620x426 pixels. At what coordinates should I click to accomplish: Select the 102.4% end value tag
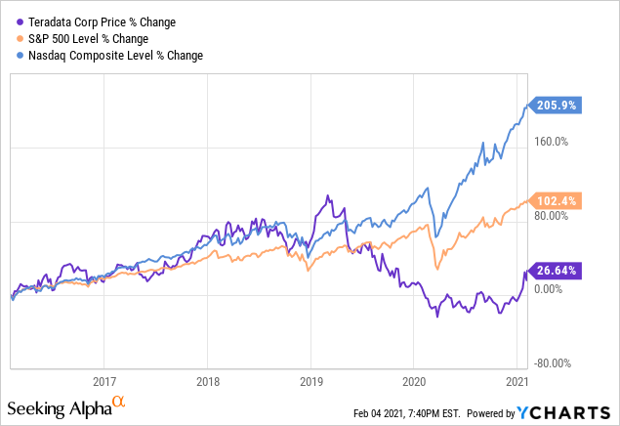pos(557,200)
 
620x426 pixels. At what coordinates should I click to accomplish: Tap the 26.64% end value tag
pos(557,271)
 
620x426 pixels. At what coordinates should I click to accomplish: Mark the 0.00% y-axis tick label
pos(550,289)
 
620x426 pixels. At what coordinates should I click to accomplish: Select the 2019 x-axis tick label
pos(310,382)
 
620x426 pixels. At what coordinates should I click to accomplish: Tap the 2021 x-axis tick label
pos(517,382)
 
